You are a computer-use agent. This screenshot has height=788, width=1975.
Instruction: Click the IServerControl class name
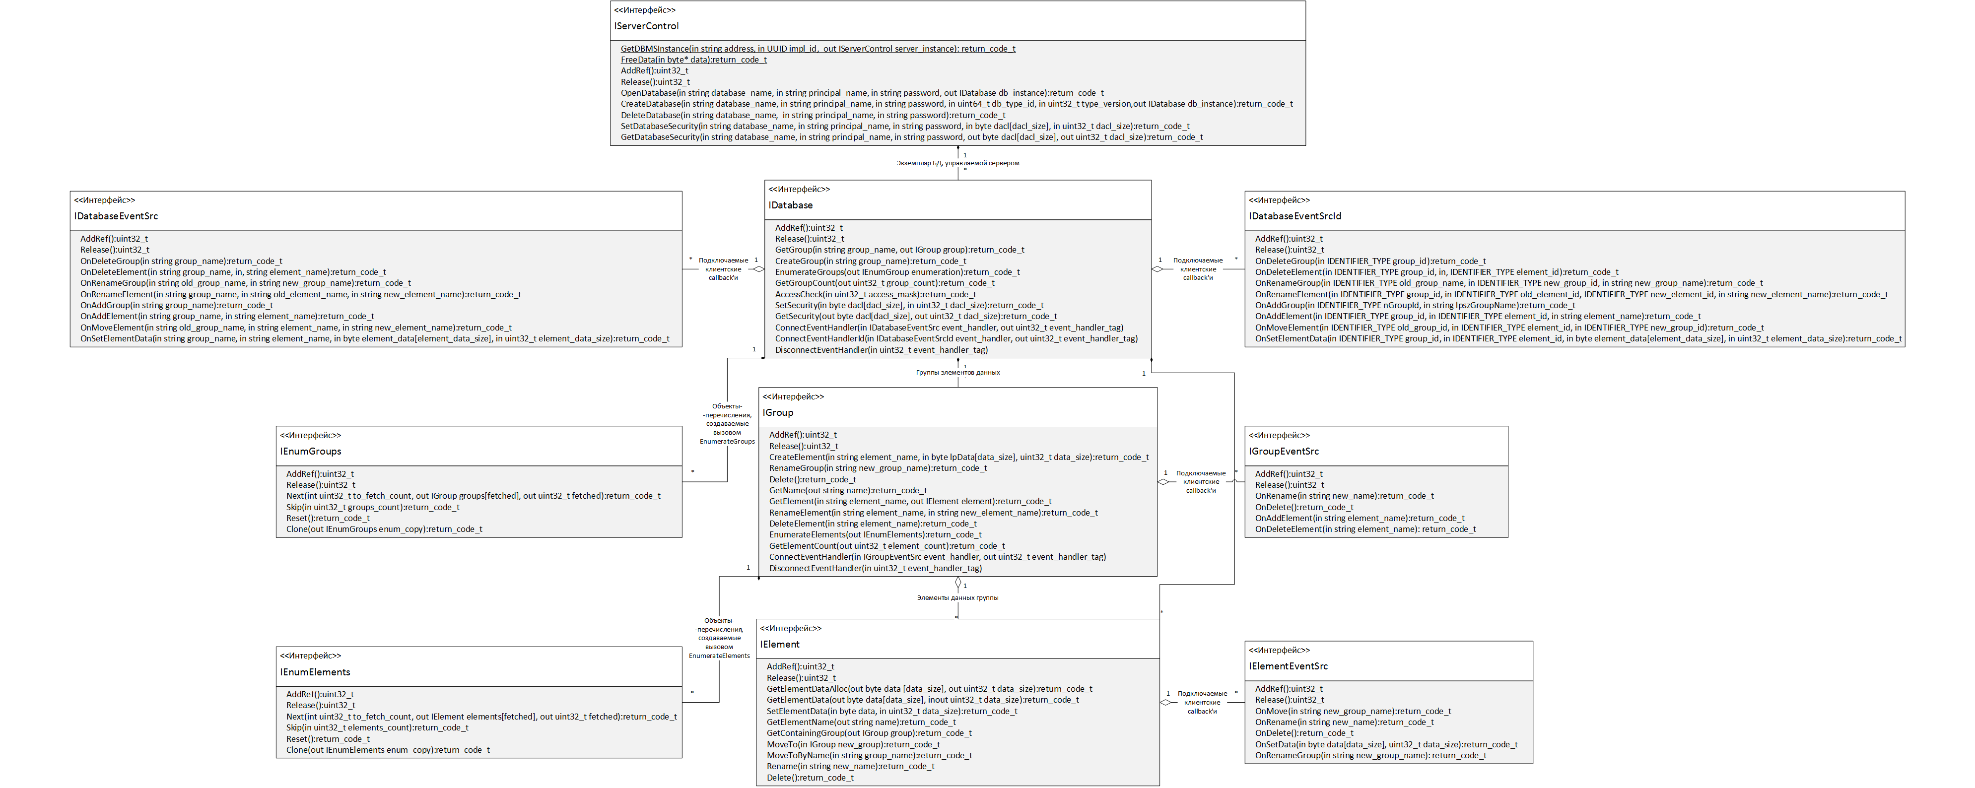click(x=646, y=26)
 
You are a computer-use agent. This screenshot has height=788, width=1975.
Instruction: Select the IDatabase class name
click(x=791, y=205)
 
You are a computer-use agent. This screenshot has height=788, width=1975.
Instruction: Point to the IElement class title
click(x=780, y=645)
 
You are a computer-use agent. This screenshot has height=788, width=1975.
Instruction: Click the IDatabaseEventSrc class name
click(x=116, y=216)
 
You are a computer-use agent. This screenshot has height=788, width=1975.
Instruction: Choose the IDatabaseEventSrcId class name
click(x=1295, y=216)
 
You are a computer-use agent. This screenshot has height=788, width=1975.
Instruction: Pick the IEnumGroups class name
click(x=311, y=452)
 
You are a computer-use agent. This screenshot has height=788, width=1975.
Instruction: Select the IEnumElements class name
click(x=315, y=672)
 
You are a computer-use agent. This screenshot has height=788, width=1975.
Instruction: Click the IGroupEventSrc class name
click(x=1284, y=452)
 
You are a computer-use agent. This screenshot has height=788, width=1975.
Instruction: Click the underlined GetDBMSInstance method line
click(x=818, y=48)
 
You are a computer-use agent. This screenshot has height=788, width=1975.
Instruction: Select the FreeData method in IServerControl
click(x=693, y=60)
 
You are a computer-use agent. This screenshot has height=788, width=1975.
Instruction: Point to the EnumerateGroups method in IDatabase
click(x=897, y=272)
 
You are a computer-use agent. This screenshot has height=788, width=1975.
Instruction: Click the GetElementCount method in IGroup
click(x=887, y=546)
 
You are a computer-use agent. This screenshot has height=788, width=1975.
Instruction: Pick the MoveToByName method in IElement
click(x=870, y=755)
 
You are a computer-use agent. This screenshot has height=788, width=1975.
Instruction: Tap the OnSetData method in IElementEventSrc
click(x=1386, y=744)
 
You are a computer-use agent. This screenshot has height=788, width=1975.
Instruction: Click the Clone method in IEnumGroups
click(x=384, y=529)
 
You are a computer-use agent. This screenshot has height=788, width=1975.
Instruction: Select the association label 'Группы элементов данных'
click(x=957, y=373)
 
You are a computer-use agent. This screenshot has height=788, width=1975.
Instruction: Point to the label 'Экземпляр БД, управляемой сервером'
click(x=957, y=163)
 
